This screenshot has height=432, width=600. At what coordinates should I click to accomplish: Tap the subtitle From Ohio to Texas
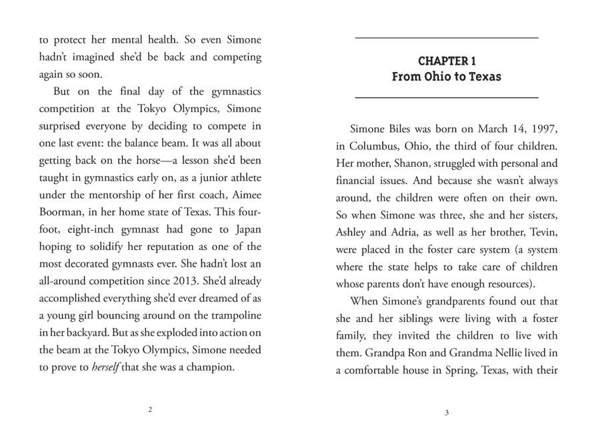pyautogui.click(x=446, y=77)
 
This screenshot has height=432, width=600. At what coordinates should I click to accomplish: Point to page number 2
pyautogui.click(x=150, y=410)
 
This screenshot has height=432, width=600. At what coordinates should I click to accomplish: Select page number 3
pyautogui.click(x=446, y=413)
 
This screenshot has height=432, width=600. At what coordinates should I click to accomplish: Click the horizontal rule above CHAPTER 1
pyautogui.click(x=446, y=38)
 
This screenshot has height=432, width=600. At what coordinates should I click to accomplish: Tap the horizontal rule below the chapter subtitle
pyautogui.click(x=446, y=97)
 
